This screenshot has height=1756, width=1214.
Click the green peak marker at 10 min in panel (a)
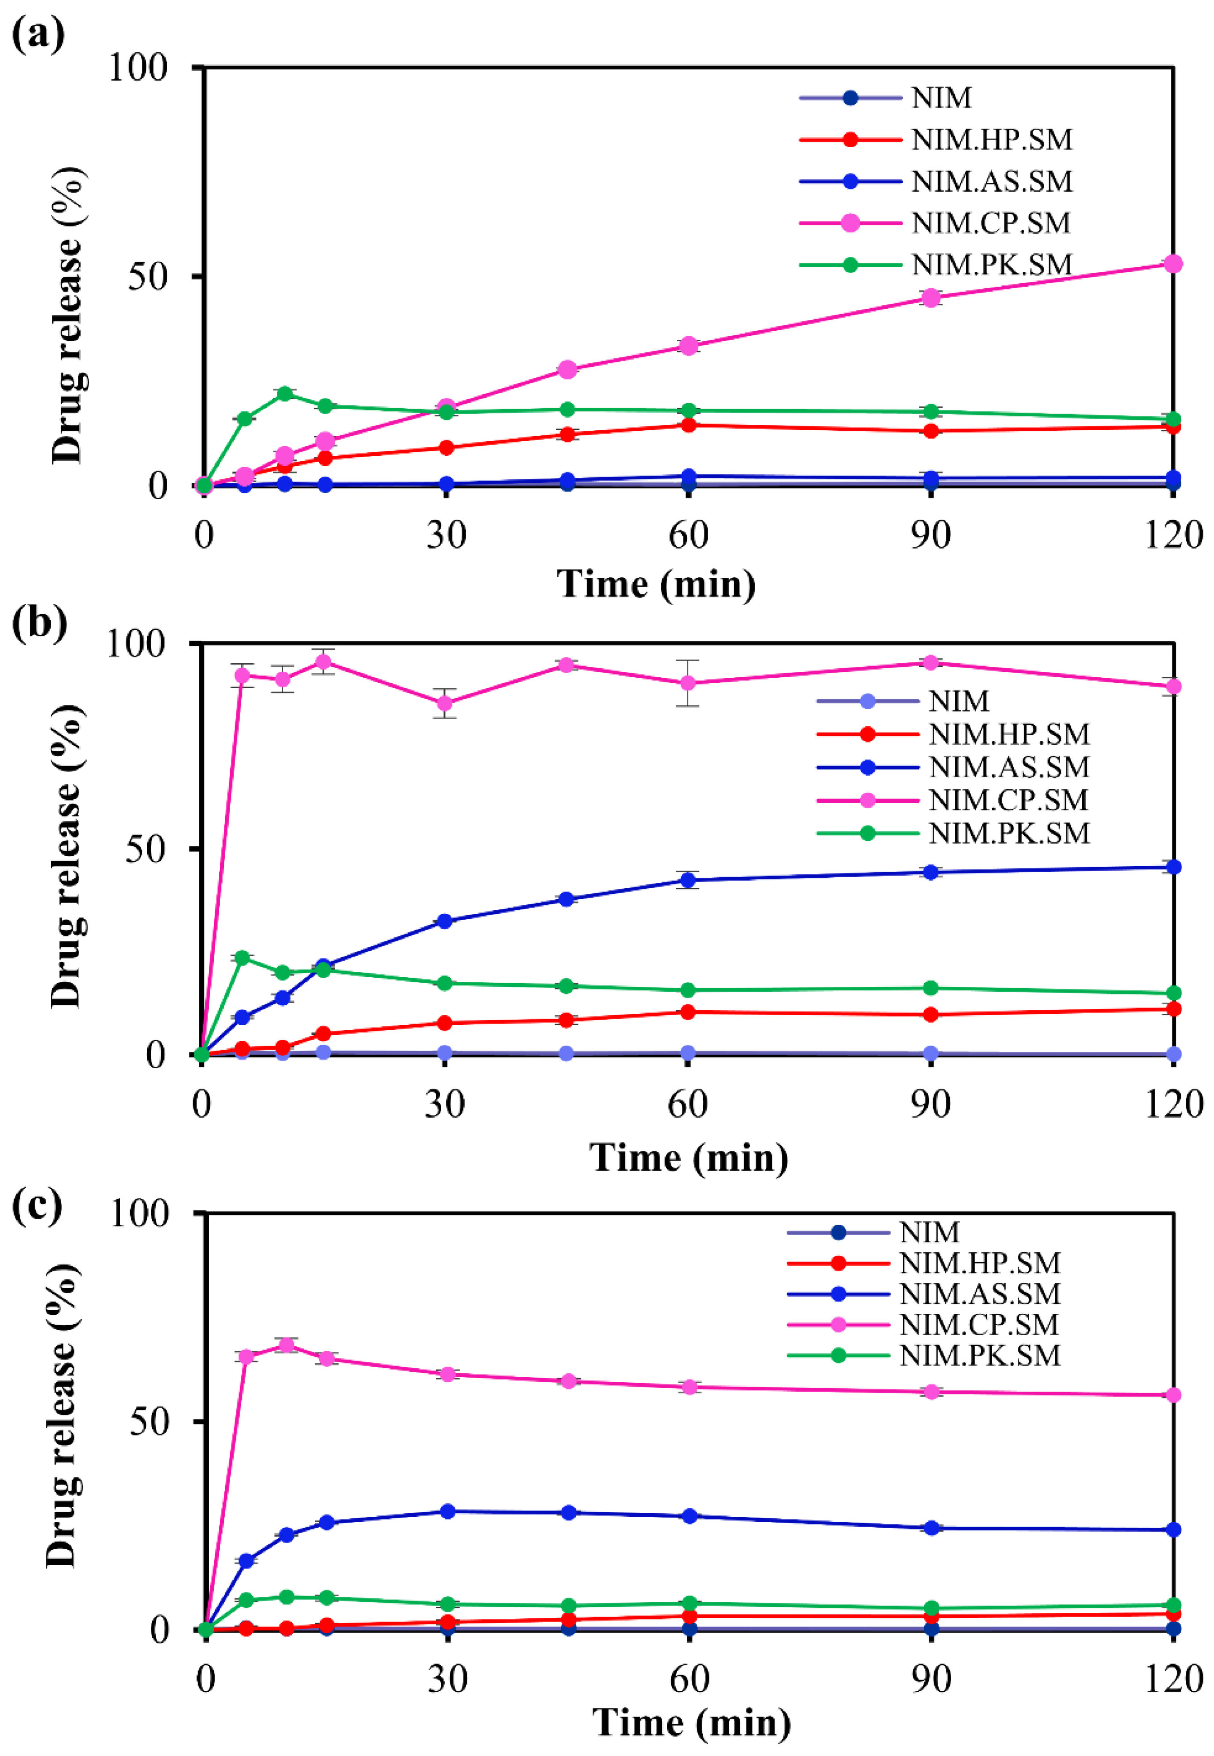(x=284, y=393)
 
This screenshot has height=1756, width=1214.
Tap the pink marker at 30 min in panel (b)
(x=445, y=703)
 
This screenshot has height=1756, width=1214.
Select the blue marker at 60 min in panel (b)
(x=688, y=880)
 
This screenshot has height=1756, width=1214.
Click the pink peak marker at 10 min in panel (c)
(x=286, y=1345)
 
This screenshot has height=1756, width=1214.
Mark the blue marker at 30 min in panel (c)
(x=448, y=1512)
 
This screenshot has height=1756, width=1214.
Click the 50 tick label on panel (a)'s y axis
(x=147, y=276)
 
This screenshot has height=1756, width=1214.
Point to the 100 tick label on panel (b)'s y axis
(x=135, y=644)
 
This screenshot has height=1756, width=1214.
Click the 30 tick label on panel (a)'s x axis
(x=446, y=535)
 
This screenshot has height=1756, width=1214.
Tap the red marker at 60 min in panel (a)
(x=689, y=425)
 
